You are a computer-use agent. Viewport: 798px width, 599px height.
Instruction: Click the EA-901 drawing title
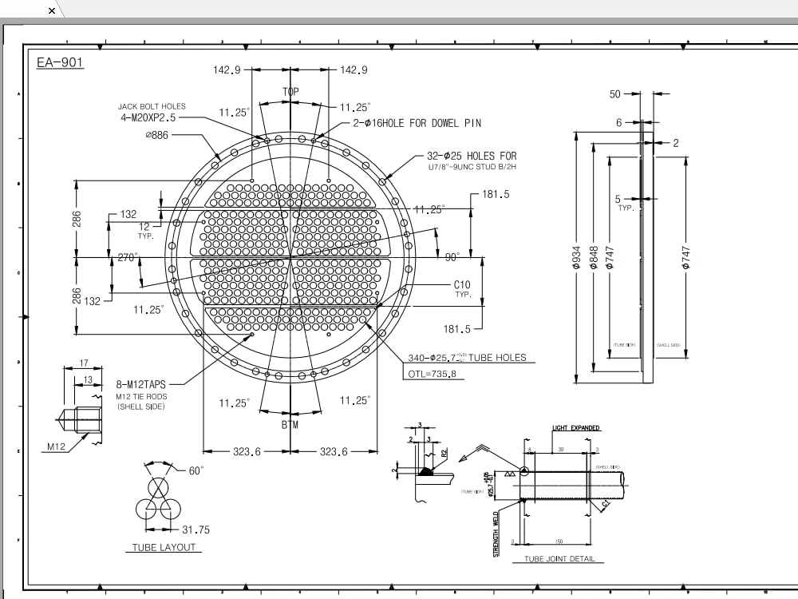(60, 62)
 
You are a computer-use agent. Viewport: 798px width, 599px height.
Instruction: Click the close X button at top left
(53, 10)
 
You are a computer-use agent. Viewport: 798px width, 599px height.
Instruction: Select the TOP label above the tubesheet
(290, 93)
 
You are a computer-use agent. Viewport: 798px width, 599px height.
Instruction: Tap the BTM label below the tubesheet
(290, 425)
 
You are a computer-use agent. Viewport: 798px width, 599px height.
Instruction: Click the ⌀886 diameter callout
(158, 135)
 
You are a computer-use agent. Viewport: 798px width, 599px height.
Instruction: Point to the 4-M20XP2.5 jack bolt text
(156, 118)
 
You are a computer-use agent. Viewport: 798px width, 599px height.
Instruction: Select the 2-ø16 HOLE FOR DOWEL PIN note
(417, 123)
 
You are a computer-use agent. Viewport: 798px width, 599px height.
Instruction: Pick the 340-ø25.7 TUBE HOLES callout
(468, 357)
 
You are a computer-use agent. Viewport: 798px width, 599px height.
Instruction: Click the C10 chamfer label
(462, 284)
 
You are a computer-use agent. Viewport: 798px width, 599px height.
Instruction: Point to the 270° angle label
(128, 257)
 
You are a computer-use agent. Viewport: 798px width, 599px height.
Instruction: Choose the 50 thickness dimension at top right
(614, 94)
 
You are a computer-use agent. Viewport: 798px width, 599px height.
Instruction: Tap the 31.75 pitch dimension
(196, 530)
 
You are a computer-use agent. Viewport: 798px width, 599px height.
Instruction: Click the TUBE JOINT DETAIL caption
(559, 558)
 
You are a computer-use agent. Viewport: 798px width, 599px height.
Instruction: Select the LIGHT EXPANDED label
(575, 428)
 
